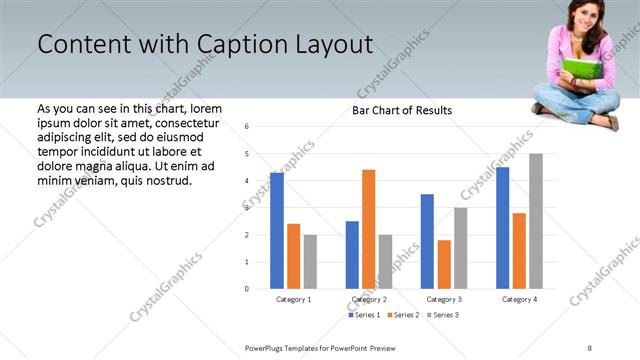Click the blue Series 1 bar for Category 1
tap(277, 231)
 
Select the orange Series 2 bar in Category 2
tap(368, 229)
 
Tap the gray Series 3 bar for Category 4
tap(536, 221)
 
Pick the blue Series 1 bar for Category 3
tap(427, 241)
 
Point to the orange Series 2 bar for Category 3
tap(443, 264)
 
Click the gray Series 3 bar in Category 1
tap(310, 262)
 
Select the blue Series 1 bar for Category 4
tap(502, 228)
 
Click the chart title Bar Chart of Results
tap(402, 110)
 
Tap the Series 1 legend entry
tap(365, 315)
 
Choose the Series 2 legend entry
tap(403, 315)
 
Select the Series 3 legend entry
tap(442, 315)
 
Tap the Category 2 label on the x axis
tap(369, 299)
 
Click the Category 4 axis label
tap(519, 299)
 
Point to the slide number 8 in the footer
tap(590, 347)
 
